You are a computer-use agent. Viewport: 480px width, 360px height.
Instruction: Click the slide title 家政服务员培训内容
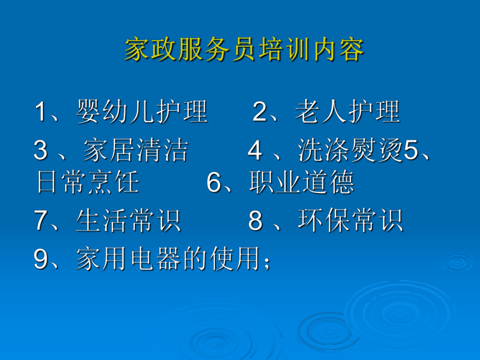tap(244, 51)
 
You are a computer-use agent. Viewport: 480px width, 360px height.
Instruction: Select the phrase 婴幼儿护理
tap(142, 112)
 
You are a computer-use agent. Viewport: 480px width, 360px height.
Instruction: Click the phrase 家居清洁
tap(135, 151)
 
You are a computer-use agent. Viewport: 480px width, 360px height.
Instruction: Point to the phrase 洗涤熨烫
tap(351, 151)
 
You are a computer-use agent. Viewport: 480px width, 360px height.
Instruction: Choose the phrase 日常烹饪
tap(88, 183)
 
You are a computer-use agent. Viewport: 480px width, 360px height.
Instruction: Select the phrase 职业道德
tap(302, 183)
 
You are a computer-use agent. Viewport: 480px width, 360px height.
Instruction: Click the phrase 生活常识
tap(128, 221)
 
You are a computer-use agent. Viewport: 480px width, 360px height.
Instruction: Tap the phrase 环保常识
tap(350, 221)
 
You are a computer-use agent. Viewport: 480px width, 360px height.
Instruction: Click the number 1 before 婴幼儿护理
tap(41, 112)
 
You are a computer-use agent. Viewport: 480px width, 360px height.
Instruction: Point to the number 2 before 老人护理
tap(260, 112)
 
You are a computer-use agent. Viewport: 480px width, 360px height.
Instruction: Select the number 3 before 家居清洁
tap(41, 151)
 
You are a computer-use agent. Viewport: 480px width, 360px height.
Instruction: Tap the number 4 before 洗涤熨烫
tap(255, 151)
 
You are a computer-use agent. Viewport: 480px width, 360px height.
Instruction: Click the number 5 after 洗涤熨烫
tap(412, 151)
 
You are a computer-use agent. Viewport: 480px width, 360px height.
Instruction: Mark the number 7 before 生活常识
tap(41, 221)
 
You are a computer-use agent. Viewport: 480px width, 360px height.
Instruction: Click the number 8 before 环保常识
tap(255, 221)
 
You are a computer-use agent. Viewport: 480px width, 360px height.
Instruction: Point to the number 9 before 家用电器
tap(41, 259)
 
